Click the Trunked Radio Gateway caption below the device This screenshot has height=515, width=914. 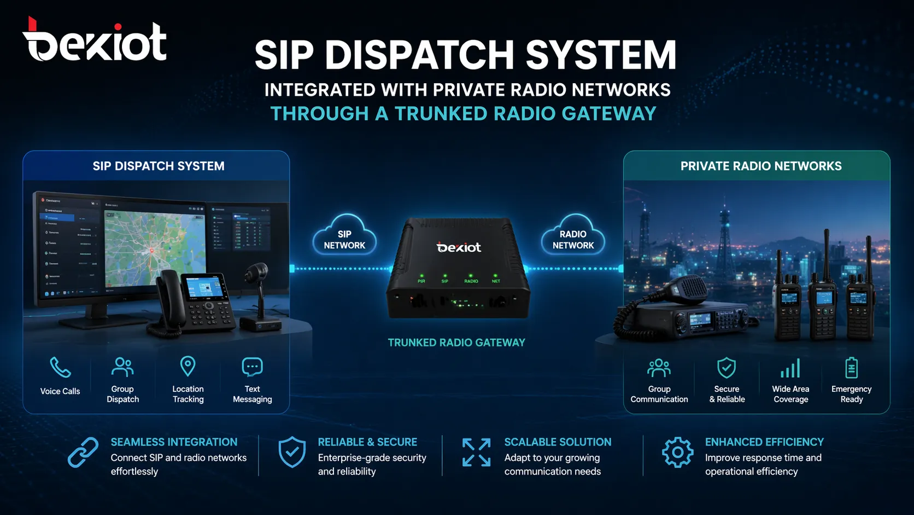tap(456, 343)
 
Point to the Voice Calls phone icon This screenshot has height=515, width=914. tap(60, 367)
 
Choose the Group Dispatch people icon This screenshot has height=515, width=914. tap(122, 367)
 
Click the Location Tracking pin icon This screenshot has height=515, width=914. tap(188, 366)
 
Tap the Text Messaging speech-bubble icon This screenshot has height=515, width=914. tap(252, 367)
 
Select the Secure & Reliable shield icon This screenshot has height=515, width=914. tap(726, 368)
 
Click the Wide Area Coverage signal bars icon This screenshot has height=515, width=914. tap(790, 368)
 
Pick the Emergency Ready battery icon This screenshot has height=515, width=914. tap(851, 368)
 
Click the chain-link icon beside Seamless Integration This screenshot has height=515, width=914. tap(83, 453)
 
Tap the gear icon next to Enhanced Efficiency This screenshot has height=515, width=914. tap(677, 452)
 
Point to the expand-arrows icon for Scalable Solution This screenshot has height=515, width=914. tap(476, 453)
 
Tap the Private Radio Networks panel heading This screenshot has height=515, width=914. tap(761, 166)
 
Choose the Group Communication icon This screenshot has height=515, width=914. tap(659, 368)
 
